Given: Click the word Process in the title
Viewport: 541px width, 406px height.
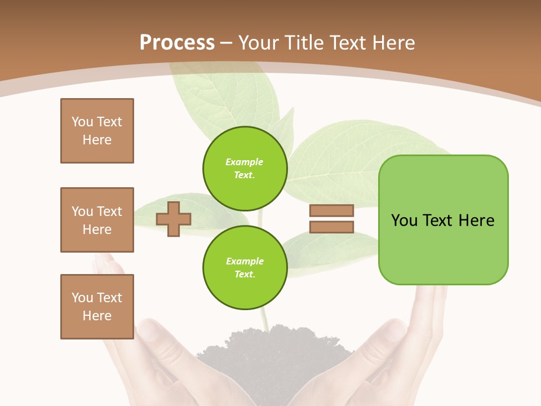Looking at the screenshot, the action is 177,42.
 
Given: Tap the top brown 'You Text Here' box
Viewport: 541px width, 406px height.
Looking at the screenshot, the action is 97,131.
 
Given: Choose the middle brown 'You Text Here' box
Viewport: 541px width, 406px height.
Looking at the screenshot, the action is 97,220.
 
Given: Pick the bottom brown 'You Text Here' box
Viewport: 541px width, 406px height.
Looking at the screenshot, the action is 97,307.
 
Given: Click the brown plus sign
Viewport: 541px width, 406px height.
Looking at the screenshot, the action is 174,219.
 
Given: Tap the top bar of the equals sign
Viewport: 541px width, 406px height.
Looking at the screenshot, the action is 331,211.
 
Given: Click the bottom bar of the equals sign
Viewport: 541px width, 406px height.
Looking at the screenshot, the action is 331,227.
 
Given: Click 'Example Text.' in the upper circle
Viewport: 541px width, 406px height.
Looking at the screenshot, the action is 245,169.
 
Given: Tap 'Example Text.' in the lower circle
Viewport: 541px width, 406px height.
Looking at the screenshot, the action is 245,268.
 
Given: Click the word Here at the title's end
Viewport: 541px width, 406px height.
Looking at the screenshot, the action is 394,42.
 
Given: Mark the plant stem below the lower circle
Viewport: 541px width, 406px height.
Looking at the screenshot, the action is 264,319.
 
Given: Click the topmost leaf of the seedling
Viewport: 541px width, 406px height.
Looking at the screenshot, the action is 225,96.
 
